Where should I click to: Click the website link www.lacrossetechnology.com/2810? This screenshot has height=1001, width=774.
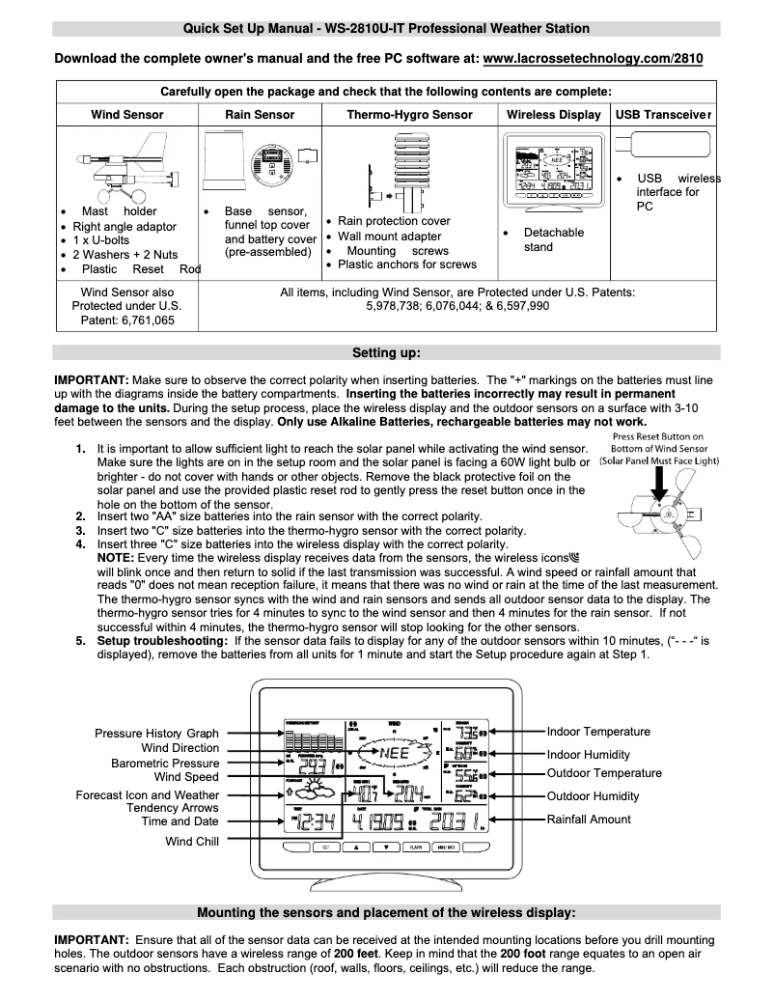click(x=592, y=59)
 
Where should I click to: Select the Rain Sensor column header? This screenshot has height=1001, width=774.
click(x=260, y=114)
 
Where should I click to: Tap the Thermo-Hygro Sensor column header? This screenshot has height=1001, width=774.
click(x=409, y=114)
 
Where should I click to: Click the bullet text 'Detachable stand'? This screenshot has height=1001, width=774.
click(x=553, y=239)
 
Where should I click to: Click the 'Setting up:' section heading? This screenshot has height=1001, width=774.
click(x=386, y=352)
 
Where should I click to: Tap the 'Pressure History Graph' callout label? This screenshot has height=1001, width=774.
click(x=156, y=734)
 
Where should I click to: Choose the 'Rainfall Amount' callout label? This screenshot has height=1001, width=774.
click(x=589, y=820)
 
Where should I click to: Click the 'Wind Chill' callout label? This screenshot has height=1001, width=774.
click(x=192, y=842)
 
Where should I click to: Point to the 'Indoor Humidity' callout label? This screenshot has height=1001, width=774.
click(x=588, y=755)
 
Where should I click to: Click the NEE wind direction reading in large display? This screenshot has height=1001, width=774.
click(x=395, y=752)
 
